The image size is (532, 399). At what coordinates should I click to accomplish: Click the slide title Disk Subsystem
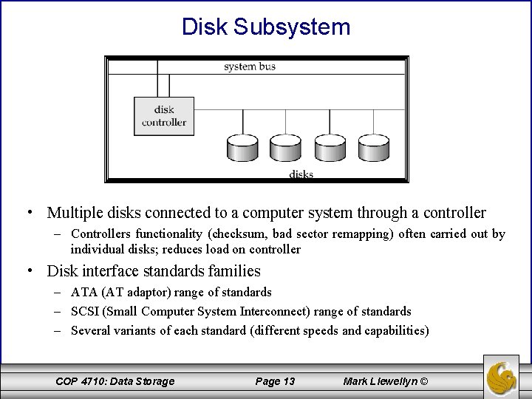point(266,27)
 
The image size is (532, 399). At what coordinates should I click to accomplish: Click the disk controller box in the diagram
point(164,116)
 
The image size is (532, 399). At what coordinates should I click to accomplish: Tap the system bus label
point(250,67)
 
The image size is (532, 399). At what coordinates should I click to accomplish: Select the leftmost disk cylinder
point(244,148)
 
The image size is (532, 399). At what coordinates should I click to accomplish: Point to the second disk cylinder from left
point(286,148)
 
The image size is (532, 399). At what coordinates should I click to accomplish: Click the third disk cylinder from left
point(330,148)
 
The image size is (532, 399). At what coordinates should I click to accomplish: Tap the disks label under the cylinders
point(301,174)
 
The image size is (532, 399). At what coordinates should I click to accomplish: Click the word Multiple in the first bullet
point(75,214)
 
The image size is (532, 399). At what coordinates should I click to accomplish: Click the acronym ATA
point(83,293)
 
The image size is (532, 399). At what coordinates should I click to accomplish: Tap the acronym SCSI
point(85,311)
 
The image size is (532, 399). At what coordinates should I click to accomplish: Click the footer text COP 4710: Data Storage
point(115,381)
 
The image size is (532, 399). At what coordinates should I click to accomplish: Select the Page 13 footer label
point(275,381)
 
